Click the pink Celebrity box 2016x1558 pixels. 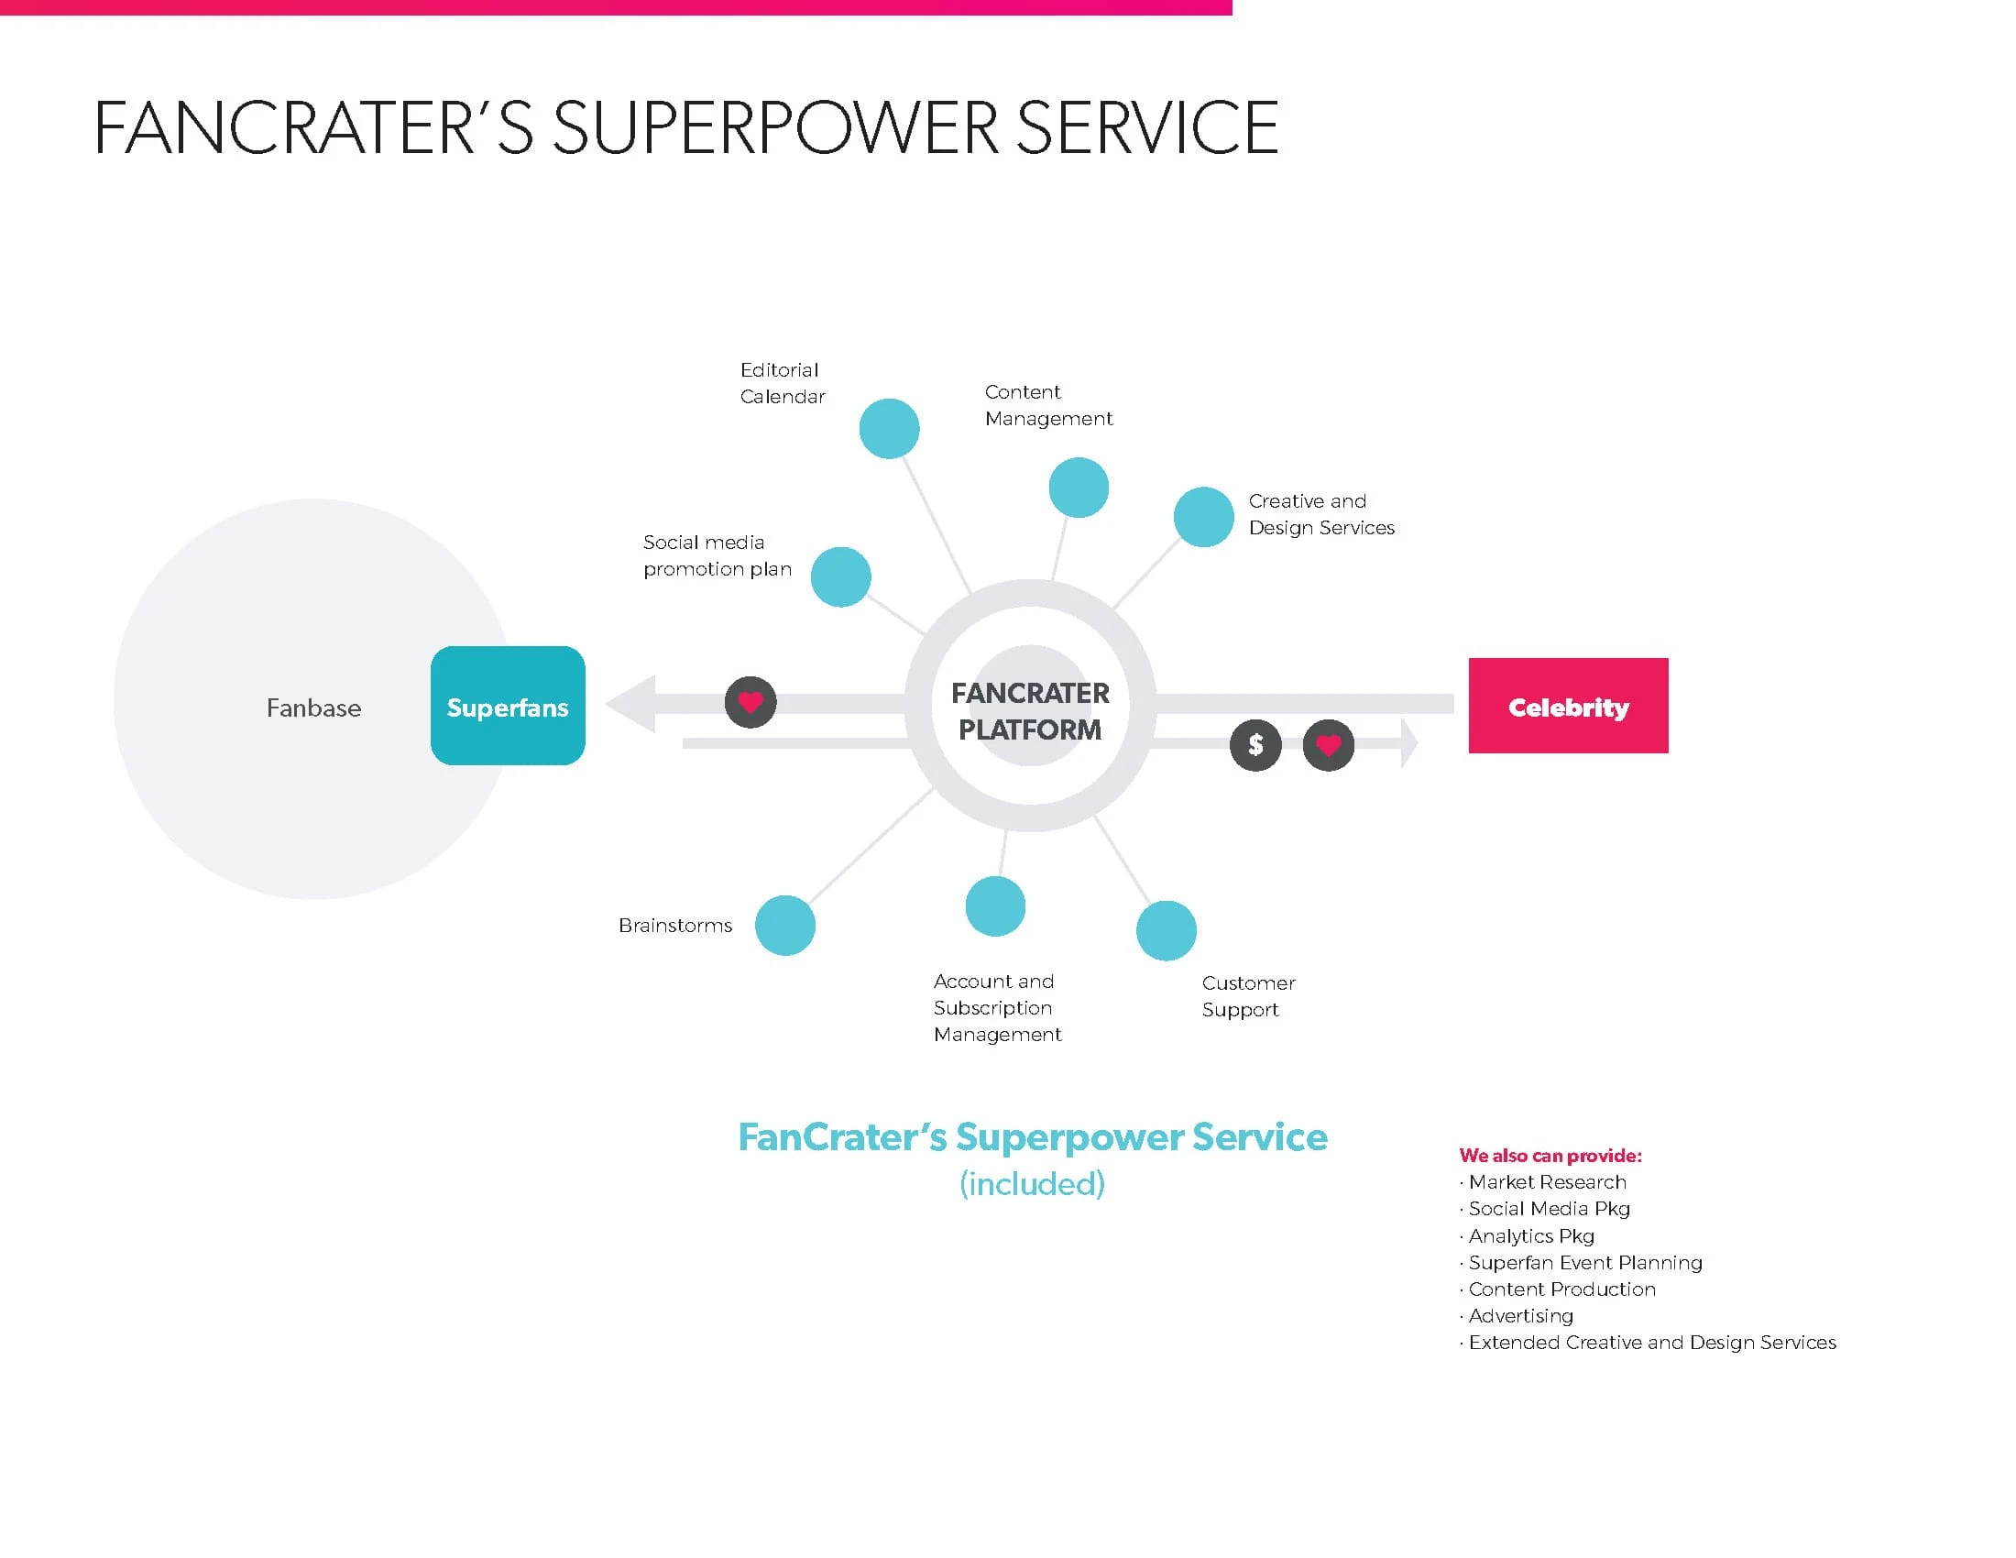point(1567,706)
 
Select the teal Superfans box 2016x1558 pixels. point(508,706)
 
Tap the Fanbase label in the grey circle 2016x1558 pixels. point(313,708)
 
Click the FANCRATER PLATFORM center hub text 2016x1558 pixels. point(1030,710)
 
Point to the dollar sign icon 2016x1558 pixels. point(1255,744)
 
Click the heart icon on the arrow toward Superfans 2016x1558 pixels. point(751,701)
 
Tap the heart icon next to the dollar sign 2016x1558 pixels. point(1329,744)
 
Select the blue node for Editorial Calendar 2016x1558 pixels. point(889,428)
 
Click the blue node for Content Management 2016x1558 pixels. point(1079,488)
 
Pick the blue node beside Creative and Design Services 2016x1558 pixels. point(1204,517)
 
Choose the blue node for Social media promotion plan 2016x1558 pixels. point(840,576)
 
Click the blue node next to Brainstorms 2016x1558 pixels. point(784,925)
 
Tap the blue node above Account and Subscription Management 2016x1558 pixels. point(995,906)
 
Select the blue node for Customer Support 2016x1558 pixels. point(1166,930)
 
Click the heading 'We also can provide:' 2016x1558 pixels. point(1550,1156)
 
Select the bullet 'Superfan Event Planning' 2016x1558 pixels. point(1585,1263)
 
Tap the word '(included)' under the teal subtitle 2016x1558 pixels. point(1032,1184)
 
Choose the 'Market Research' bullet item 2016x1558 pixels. point(1547,1182)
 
